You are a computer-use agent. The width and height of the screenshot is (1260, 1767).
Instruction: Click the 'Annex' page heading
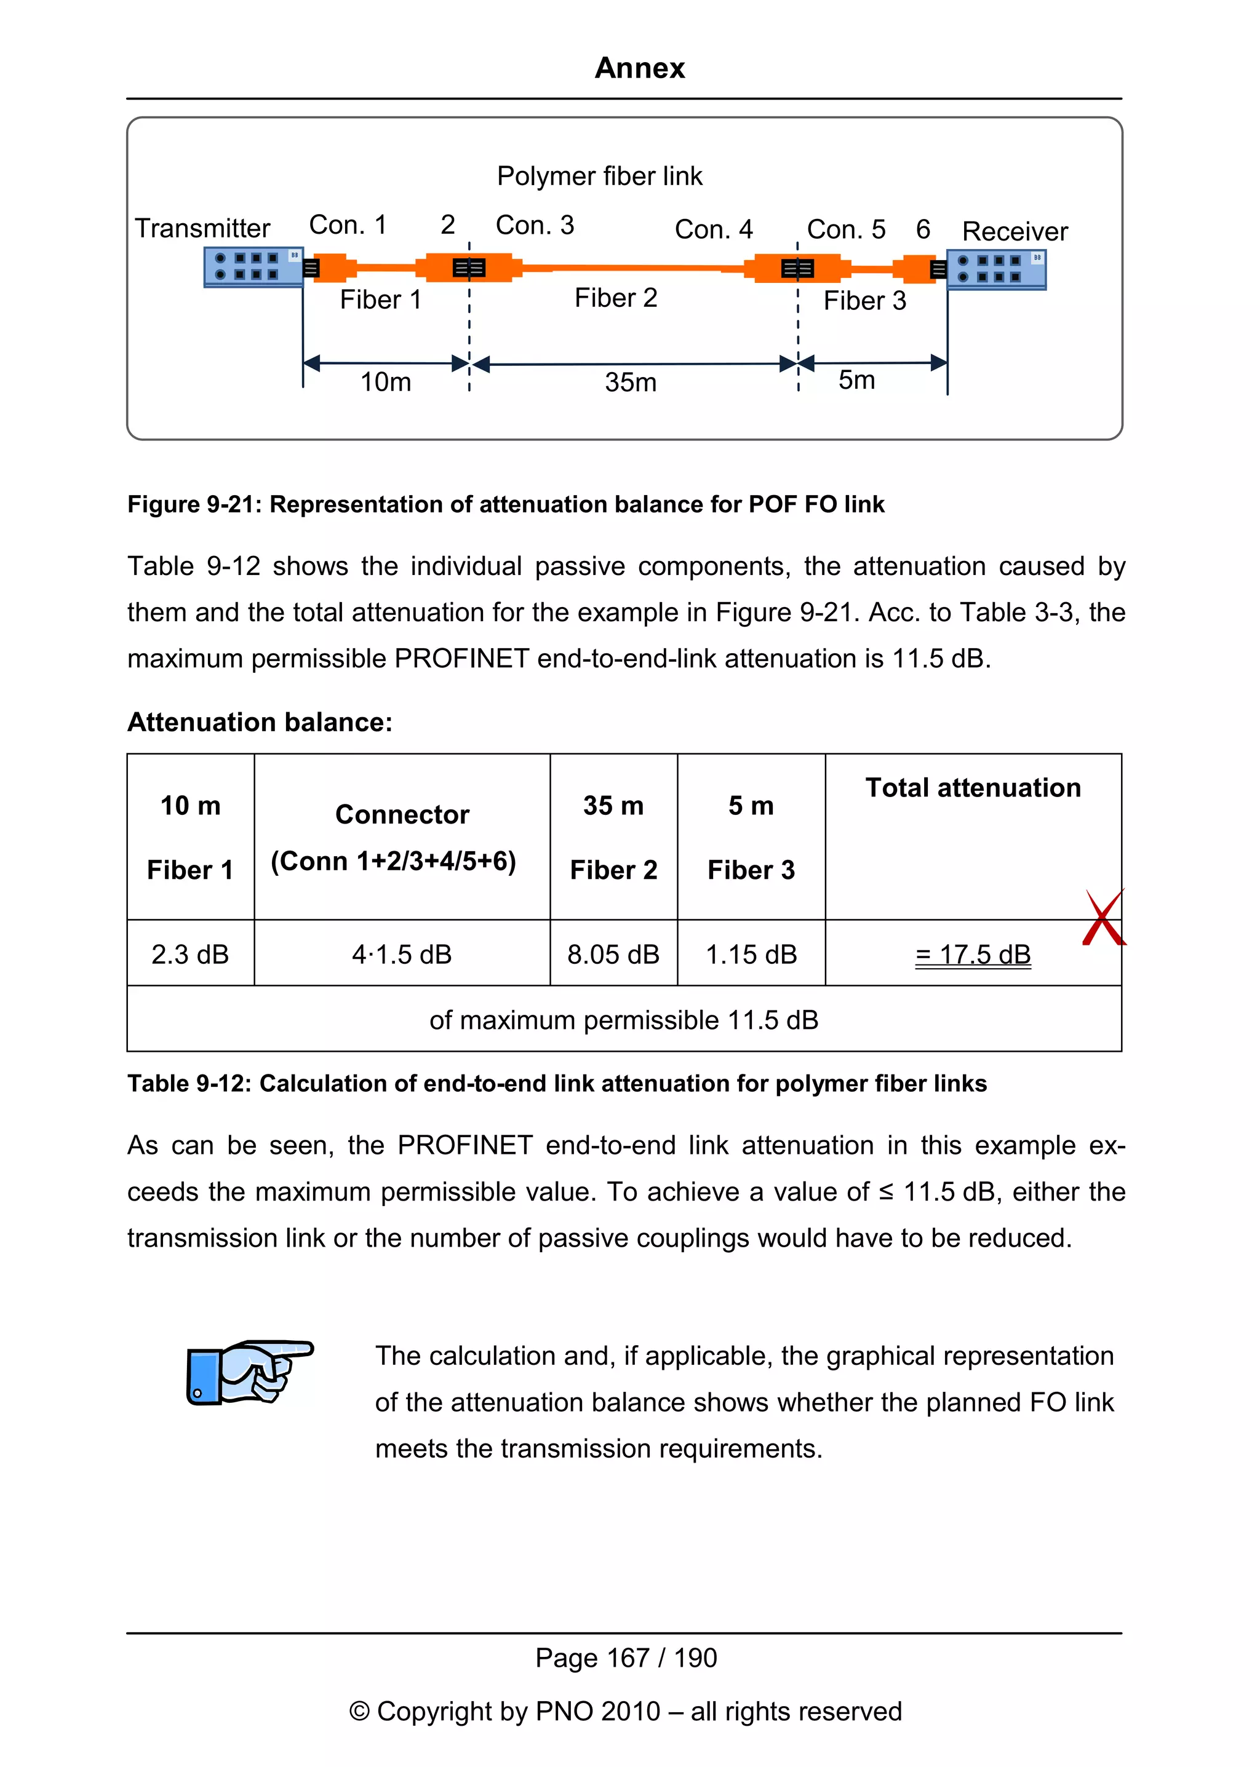639,68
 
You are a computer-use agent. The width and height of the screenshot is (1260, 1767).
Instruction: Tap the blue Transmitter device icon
253,267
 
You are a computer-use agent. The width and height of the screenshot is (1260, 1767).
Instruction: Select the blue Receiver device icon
996,269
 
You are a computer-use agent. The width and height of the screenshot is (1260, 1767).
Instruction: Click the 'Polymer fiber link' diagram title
599,176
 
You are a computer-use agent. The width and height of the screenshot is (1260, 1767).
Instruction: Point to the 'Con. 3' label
535,225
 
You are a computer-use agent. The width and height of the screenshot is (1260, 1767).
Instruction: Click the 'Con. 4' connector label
713,229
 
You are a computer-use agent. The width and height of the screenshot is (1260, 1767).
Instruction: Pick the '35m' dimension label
630,383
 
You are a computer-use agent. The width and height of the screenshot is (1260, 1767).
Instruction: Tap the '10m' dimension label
386,382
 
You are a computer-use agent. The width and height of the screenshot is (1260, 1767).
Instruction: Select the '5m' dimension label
856,380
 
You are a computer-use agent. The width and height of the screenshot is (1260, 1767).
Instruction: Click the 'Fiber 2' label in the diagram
616,298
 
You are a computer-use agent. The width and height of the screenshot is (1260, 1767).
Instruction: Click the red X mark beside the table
1103,918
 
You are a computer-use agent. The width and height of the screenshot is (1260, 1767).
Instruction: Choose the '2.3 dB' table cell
190,954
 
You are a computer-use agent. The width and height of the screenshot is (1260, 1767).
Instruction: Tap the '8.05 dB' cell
613,954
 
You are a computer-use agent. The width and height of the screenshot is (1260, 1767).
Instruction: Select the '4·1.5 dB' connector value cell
401,954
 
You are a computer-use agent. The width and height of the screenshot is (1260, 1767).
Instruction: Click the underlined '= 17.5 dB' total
973,954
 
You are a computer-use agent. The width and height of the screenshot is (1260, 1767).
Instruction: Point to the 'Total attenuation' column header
973,788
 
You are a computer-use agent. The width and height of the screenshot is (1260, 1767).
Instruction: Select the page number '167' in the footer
628,1658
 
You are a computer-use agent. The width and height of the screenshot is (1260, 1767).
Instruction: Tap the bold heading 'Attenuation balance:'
260,722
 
